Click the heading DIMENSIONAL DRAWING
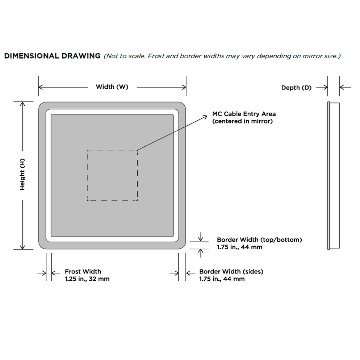click(53, 56)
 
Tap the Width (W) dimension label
click(112, 87)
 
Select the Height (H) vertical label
click(22, 175)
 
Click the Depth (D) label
click(296, 88)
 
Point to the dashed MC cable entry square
click(87, 175)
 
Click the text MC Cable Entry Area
click(244, 114)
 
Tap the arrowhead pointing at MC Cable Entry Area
click(205, 117)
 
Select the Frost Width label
click(83, 272)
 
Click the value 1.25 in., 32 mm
click(87, 279)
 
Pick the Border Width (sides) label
click(231, 272)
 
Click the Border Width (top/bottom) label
click(259, 240)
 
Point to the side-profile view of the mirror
click(333, 176)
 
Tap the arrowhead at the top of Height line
click(22, 104)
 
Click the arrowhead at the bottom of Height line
click(22, 247)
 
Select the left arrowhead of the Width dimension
click(41, 87)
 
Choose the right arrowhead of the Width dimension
click(184, 87)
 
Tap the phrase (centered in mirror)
click(242, 121)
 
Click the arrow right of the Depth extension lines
click(345, 87)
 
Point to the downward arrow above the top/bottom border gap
click(201, 237)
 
